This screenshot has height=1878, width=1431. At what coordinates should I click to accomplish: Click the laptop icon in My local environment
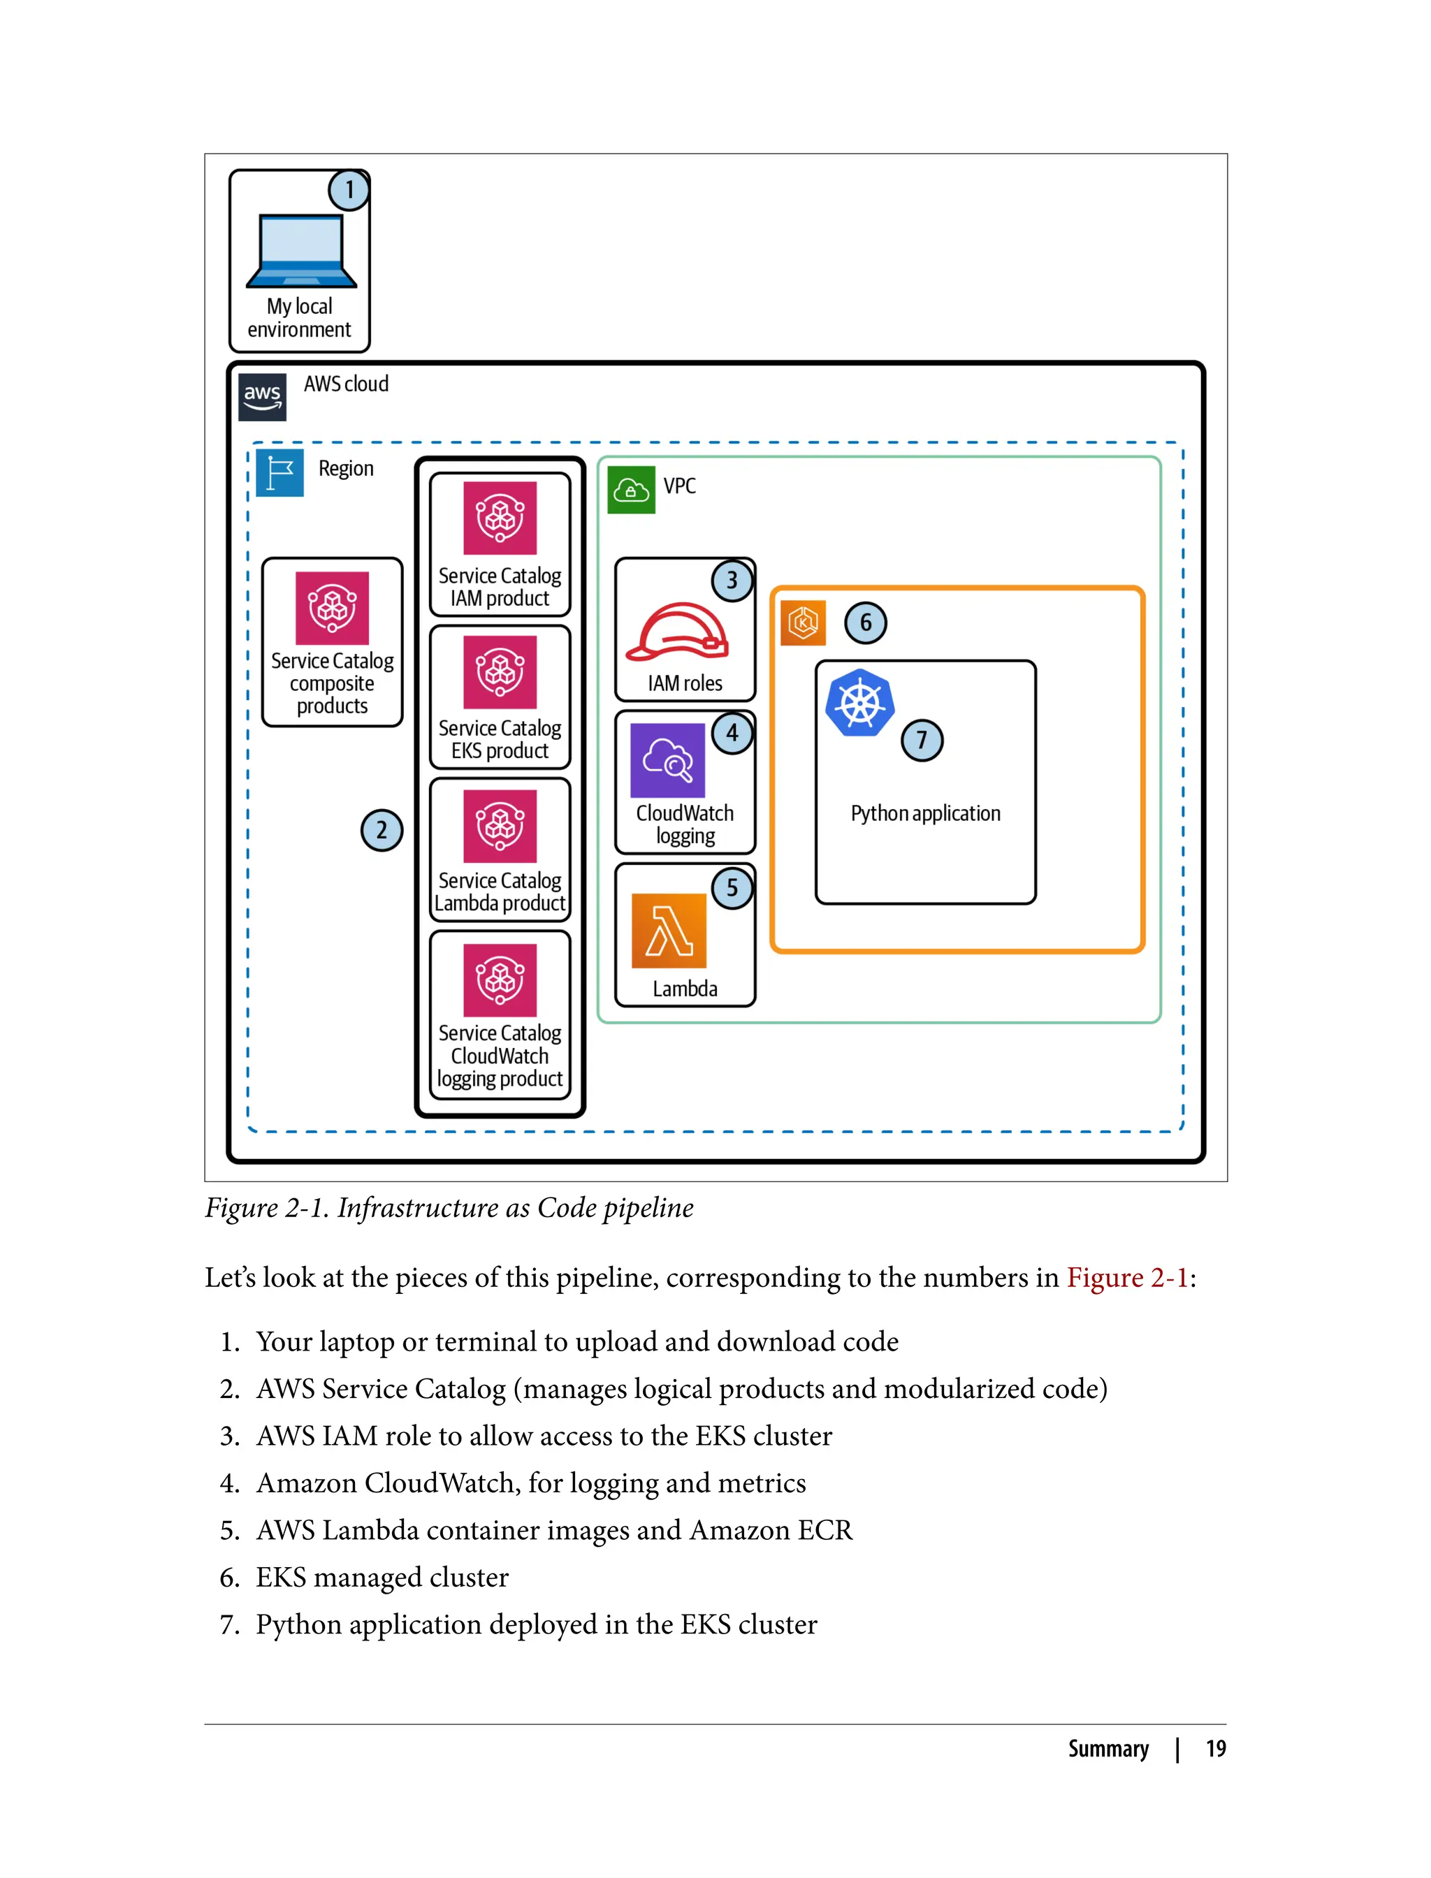click(x=300, y=252)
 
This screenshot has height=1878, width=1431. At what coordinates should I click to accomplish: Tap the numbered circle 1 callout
click(x=349, y=190)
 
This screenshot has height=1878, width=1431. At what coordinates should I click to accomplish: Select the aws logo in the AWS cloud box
click(x=262, y=397)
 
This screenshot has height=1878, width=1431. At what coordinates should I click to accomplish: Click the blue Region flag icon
click(x=279, y=473)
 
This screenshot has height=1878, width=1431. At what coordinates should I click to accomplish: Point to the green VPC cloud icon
click(x=631, y=490)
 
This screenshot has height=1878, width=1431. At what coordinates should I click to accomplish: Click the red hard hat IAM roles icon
click(x=677, y=632)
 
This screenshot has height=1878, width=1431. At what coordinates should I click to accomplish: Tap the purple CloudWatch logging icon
click(x=668, y=759)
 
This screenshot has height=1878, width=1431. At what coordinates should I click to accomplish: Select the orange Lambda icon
click(x=669, y=930)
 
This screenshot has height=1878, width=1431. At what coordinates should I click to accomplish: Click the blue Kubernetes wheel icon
click(x=859, y=703)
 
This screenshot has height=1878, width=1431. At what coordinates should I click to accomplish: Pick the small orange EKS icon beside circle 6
click(x=802, y=623)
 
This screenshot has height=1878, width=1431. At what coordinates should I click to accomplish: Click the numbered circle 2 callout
click(x=381, y=831)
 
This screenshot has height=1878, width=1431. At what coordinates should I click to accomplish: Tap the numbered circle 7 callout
click(x=922, y=740)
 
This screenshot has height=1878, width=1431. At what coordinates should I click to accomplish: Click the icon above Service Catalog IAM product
click(x=500, y=518)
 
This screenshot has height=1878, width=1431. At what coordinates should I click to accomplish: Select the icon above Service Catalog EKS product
click(x=500, y=671)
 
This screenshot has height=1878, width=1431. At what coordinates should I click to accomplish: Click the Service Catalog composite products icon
click(x=332, y=607)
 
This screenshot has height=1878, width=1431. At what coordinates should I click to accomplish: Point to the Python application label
click(x=925, y=813)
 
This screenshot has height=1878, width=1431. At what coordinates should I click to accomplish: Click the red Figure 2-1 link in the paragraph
click(x=1126, y=1278)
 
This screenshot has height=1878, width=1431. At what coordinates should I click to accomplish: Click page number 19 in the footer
click(x=1216, y=1749)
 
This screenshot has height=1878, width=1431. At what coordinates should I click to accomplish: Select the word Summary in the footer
click(x=1108, y=1749)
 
